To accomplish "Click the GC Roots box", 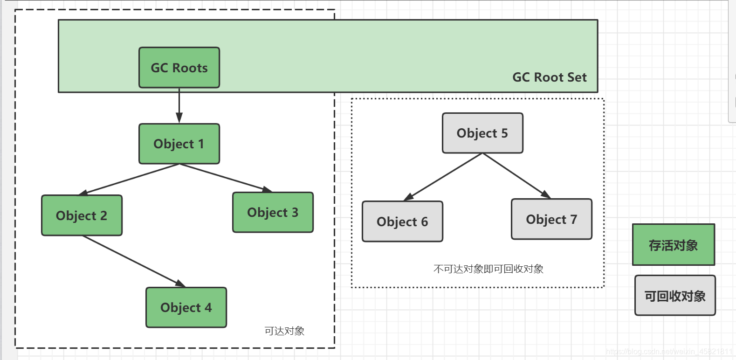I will [179, 68].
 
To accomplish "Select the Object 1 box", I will [179, 144].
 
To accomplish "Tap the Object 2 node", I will [82, 215].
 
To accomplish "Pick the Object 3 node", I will [273, 213].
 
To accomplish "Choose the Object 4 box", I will [186, 308].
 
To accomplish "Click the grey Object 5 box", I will [482, 133].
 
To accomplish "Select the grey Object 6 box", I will [402, 222].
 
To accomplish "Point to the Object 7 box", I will [551, 219].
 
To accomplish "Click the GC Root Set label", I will [549, 77].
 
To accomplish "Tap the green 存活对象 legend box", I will [673, 245].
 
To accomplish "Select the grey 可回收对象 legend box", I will [675, 296].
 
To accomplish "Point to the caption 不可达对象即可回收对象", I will [488, 269].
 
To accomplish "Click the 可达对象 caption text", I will [284, 331].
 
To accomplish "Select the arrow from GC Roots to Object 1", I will [179, 105].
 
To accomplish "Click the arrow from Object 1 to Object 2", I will [130, 179].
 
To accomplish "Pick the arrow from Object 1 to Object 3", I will [226, 178].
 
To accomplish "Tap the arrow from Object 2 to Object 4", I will [134, 261].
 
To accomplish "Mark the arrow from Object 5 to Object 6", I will [443, 177].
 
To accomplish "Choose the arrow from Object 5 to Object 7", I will [516, 175].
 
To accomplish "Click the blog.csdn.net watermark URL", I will [669, 352].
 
